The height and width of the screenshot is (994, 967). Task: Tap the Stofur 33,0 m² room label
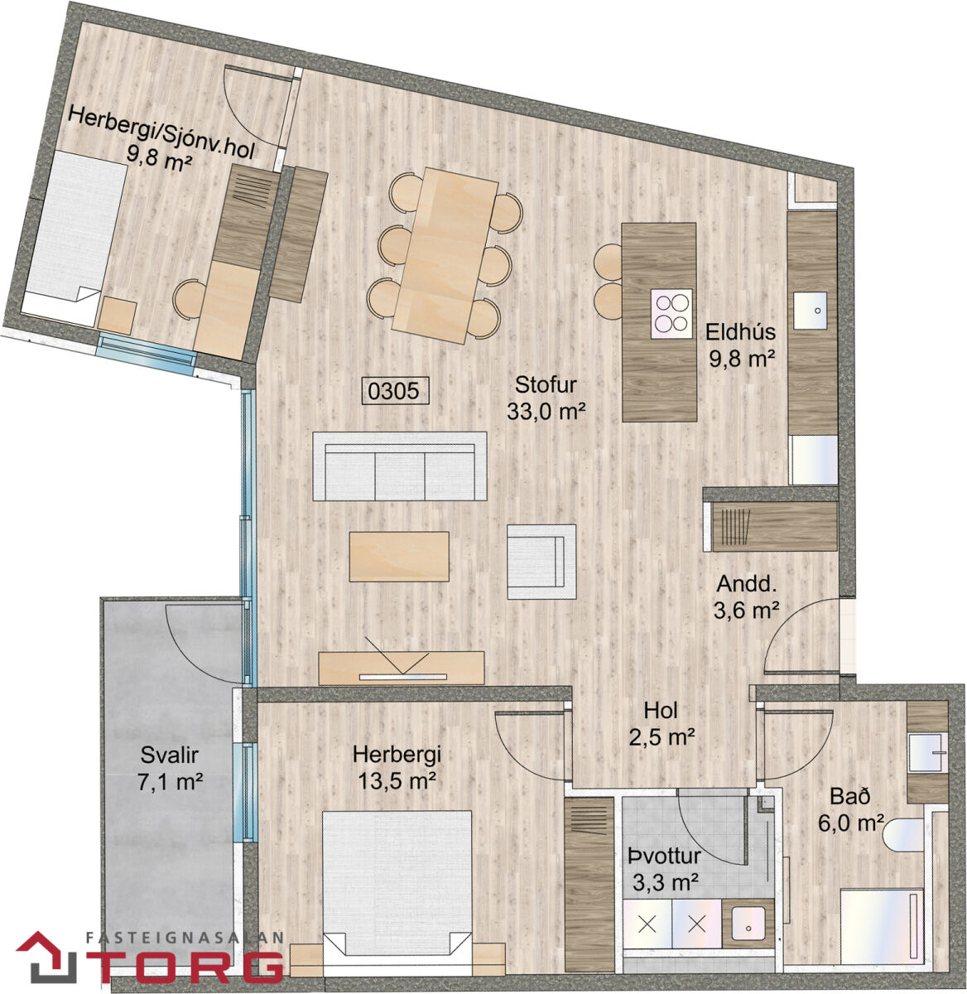coord(546,398)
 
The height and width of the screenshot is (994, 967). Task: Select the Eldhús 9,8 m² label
coord(741,345)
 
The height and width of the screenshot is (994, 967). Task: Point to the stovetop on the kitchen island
coord(671,313)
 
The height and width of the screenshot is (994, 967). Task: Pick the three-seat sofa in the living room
coord(400,466)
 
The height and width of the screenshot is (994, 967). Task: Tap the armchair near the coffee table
coord(541,562)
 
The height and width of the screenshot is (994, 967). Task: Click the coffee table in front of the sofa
coord(399,557)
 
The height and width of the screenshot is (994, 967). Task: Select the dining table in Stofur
coord(445,255)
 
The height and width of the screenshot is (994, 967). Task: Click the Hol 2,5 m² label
coord(662,723)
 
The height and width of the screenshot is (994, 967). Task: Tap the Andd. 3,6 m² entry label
coord(747,596)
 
